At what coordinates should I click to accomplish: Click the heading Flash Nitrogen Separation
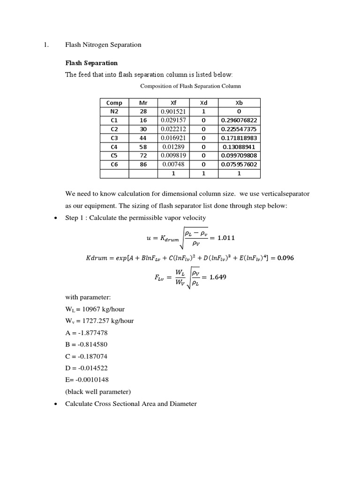point(103,45)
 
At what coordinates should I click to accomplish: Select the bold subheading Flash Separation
point(91,63)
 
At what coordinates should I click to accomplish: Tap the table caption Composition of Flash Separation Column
point(190,86)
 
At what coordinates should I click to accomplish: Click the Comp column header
point(114,103)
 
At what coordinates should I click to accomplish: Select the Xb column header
point(240,103)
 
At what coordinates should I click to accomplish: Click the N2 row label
point(114,112)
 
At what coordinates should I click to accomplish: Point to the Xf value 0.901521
point(173,112)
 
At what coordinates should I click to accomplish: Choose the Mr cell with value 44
point(143,138)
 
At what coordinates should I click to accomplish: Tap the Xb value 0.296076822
point(240,120)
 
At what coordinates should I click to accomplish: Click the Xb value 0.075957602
point(240,165)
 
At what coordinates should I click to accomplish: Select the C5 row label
point(114,156)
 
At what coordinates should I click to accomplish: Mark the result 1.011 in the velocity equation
point(226,238)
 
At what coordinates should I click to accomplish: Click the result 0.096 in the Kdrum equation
point(285,258)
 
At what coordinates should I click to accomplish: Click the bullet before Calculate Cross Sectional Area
point(56,404)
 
